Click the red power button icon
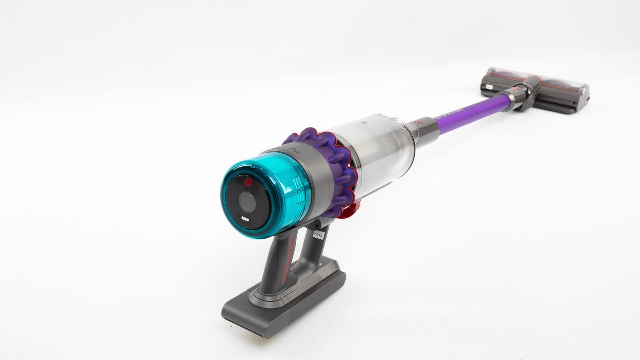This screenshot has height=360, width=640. tap(248, 183)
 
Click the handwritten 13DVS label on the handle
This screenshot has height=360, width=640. tap(318, 234)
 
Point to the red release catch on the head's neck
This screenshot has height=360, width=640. tap(515, 90)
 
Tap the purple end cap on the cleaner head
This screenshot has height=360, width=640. tap(589, 99)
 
